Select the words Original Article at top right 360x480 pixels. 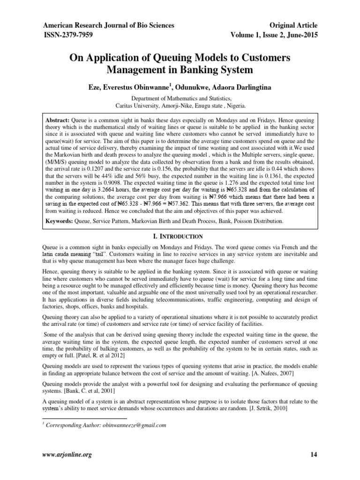pos(291,25)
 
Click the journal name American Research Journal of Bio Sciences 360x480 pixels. pos(109,25)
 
